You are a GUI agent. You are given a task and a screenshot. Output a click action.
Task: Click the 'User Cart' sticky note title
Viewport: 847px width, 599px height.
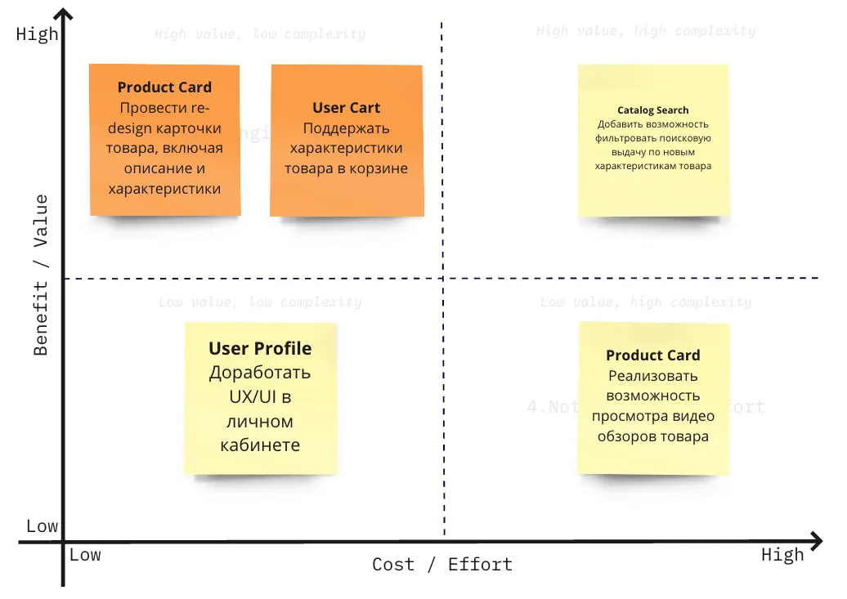pyautogui.click(x=346, y=108)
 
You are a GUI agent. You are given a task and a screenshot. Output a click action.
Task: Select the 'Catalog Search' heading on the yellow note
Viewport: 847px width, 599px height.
pyautogui.click(x=652, y=110)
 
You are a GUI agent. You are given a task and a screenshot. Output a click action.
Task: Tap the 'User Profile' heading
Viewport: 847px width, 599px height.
pyautogui.click(x=260, y=349)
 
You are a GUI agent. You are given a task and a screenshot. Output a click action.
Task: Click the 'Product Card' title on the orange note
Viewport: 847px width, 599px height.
pyautogui.click(x=164, y=87)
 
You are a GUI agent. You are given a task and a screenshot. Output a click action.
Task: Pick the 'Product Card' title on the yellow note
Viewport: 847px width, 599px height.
pyautogui.click(x=652, y=355)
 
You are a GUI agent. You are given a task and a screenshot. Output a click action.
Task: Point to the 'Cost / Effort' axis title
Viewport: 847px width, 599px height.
pyautogui.click(x=442, y=565)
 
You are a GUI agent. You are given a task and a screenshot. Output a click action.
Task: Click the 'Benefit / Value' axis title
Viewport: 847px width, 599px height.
pyautogui.click(x=41, y=275)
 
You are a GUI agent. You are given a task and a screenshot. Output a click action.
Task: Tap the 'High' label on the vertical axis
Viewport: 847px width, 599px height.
pyautogui.click(x=37, y=34)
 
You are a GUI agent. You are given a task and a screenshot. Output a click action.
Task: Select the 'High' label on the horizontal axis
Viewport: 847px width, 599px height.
pyautogui.click(x=782, y=556)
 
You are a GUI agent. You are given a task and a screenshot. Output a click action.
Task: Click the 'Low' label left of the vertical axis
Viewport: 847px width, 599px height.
pyautogui.click(x=42, y=526)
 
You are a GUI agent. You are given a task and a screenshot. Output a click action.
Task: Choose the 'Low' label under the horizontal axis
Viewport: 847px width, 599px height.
pyautogui.click(x=85, y=556)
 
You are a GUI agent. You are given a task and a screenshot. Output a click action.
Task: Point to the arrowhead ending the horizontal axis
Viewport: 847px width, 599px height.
pyautogui.click(x=815, y=540)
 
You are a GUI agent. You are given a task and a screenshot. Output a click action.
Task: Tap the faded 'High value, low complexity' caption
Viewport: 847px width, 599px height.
pyautogui.click(x=260, y=34)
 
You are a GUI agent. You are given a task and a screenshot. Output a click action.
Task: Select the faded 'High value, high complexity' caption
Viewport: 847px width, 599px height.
pyautogui.click(x=646, y=31)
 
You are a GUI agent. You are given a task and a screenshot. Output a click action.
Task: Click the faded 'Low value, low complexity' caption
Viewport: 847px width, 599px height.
pyautogui.click(x=260, y=302)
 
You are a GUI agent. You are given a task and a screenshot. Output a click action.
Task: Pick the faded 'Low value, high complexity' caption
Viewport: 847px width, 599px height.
pyautogui.click(x=646, y=302)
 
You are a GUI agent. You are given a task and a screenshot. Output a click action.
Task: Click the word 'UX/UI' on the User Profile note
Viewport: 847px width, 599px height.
pyautogui.click(x=260, y=398)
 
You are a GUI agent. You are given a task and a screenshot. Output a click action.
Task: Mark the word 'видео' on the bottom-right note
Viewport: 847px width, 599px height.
pyautogui.click(x=694, y=416)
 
